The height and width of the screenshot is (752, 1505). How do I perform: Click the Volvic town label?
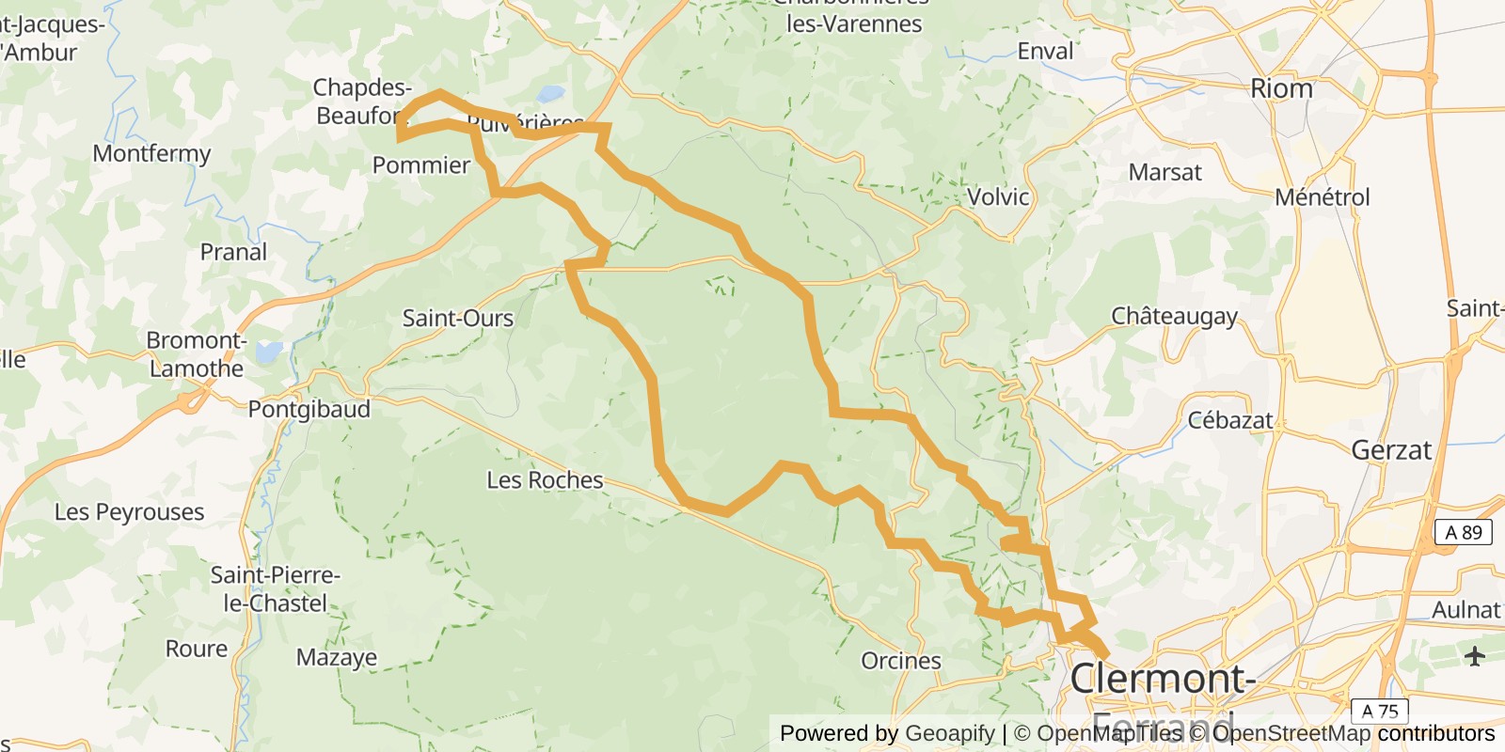[998, 197]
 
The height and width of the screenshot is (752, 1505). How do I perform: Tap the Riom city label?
[1281, 88]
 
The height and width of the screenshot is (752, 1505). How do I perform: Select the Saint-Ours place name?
[458, 319]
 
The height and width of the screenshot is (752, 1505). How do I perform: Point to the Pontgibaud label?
[309, 410]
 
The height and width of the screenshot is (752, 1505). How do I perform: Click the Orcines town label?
[901, 661]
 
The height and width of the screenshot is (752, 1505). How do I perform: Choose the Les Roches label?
[545, 480]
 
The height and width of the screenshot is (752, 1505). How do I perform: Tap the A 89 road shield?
[1463, 532]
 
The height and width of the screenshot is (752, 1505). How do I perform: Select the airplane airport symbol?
[1474, 655]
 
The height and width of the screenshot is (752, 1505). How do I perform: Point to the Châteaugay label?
[1175, 316]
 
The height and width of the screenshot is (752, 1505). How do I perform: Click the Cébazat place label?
[1230, 420]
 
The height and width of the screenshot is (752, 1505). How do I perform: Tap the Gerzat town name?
[1391, 450]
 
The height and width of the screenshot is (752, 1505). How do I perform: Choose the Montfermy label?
[151, 153]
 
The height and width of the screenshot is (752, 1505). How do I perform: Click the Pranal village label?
[233, 252]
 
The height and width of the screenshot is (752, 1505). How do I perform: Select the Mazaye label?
[337, 657]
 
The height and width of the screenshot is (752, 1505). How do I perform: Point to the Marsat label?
[1165, 173]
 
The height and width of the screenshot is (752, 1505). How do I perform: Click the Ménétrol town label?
[1323, 197]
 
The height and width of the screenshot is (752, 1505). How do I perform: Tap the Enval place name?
[1045, 52]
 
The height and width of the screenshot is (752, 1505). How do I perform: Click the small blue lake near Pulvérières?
[551, 95]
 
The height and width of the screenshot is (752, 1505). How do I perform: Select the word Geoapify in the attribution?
[949, 733]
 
